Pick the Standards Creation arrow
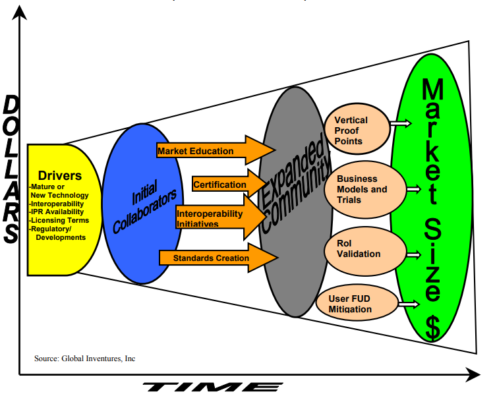click(211, 258)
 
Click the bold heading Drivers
click(60, 176)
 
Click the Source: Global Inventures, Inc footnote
click(85, 358)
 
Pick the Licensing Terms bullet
click(59, 220)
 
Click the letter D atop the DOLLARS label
click(12, 106)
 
